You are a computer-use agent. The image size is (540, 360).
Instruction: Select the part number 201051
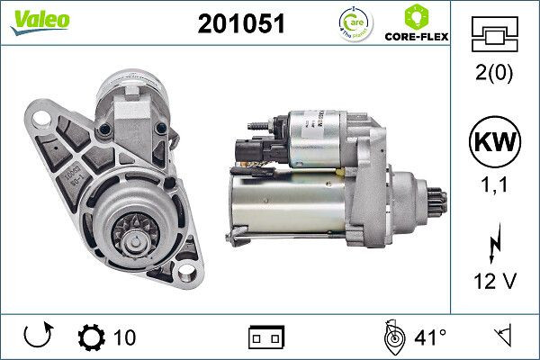tap(240, 25)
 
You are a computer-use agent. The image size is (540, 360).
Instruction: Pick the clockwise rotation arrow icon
tap(39, 337)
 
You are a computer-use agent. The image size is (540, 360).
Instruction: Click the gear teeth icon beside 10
tap(92, 338)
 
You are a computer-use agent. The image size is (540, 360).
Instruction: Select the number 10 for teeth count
tap(125, 338)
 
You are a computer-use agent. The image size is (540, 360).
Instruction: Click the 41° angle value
tap(429, 338)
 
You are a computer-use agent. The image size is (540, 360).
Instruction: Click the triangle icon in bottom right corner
tap(501, 337)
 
